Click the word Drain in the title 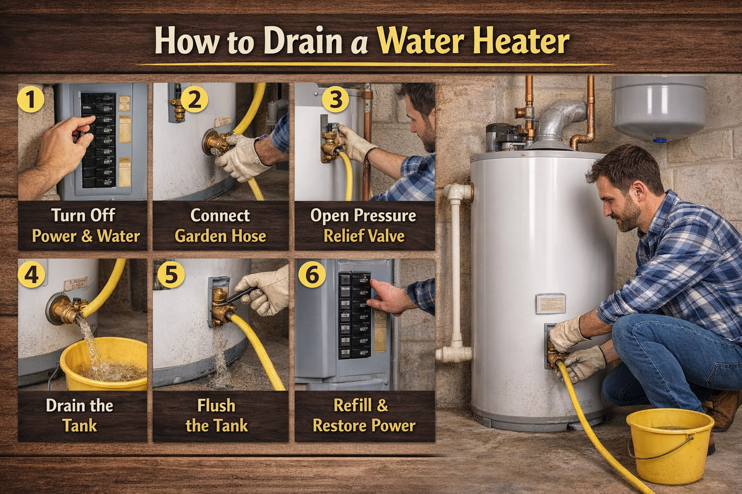pos(303,41)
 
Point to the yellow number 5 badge pos(171,274)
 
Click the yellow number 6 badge pos(312,274)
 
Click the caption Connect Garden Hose pos(220,225)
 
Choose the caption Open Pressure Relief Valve pos(364,225)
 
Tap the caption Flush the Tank pos(216,415)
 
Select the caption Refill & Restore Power pos(364,415)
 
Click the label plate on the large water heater pos(550,303)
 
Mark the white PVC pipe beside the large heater pos(455,270)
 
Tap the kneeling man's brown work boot pos(725,410)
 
